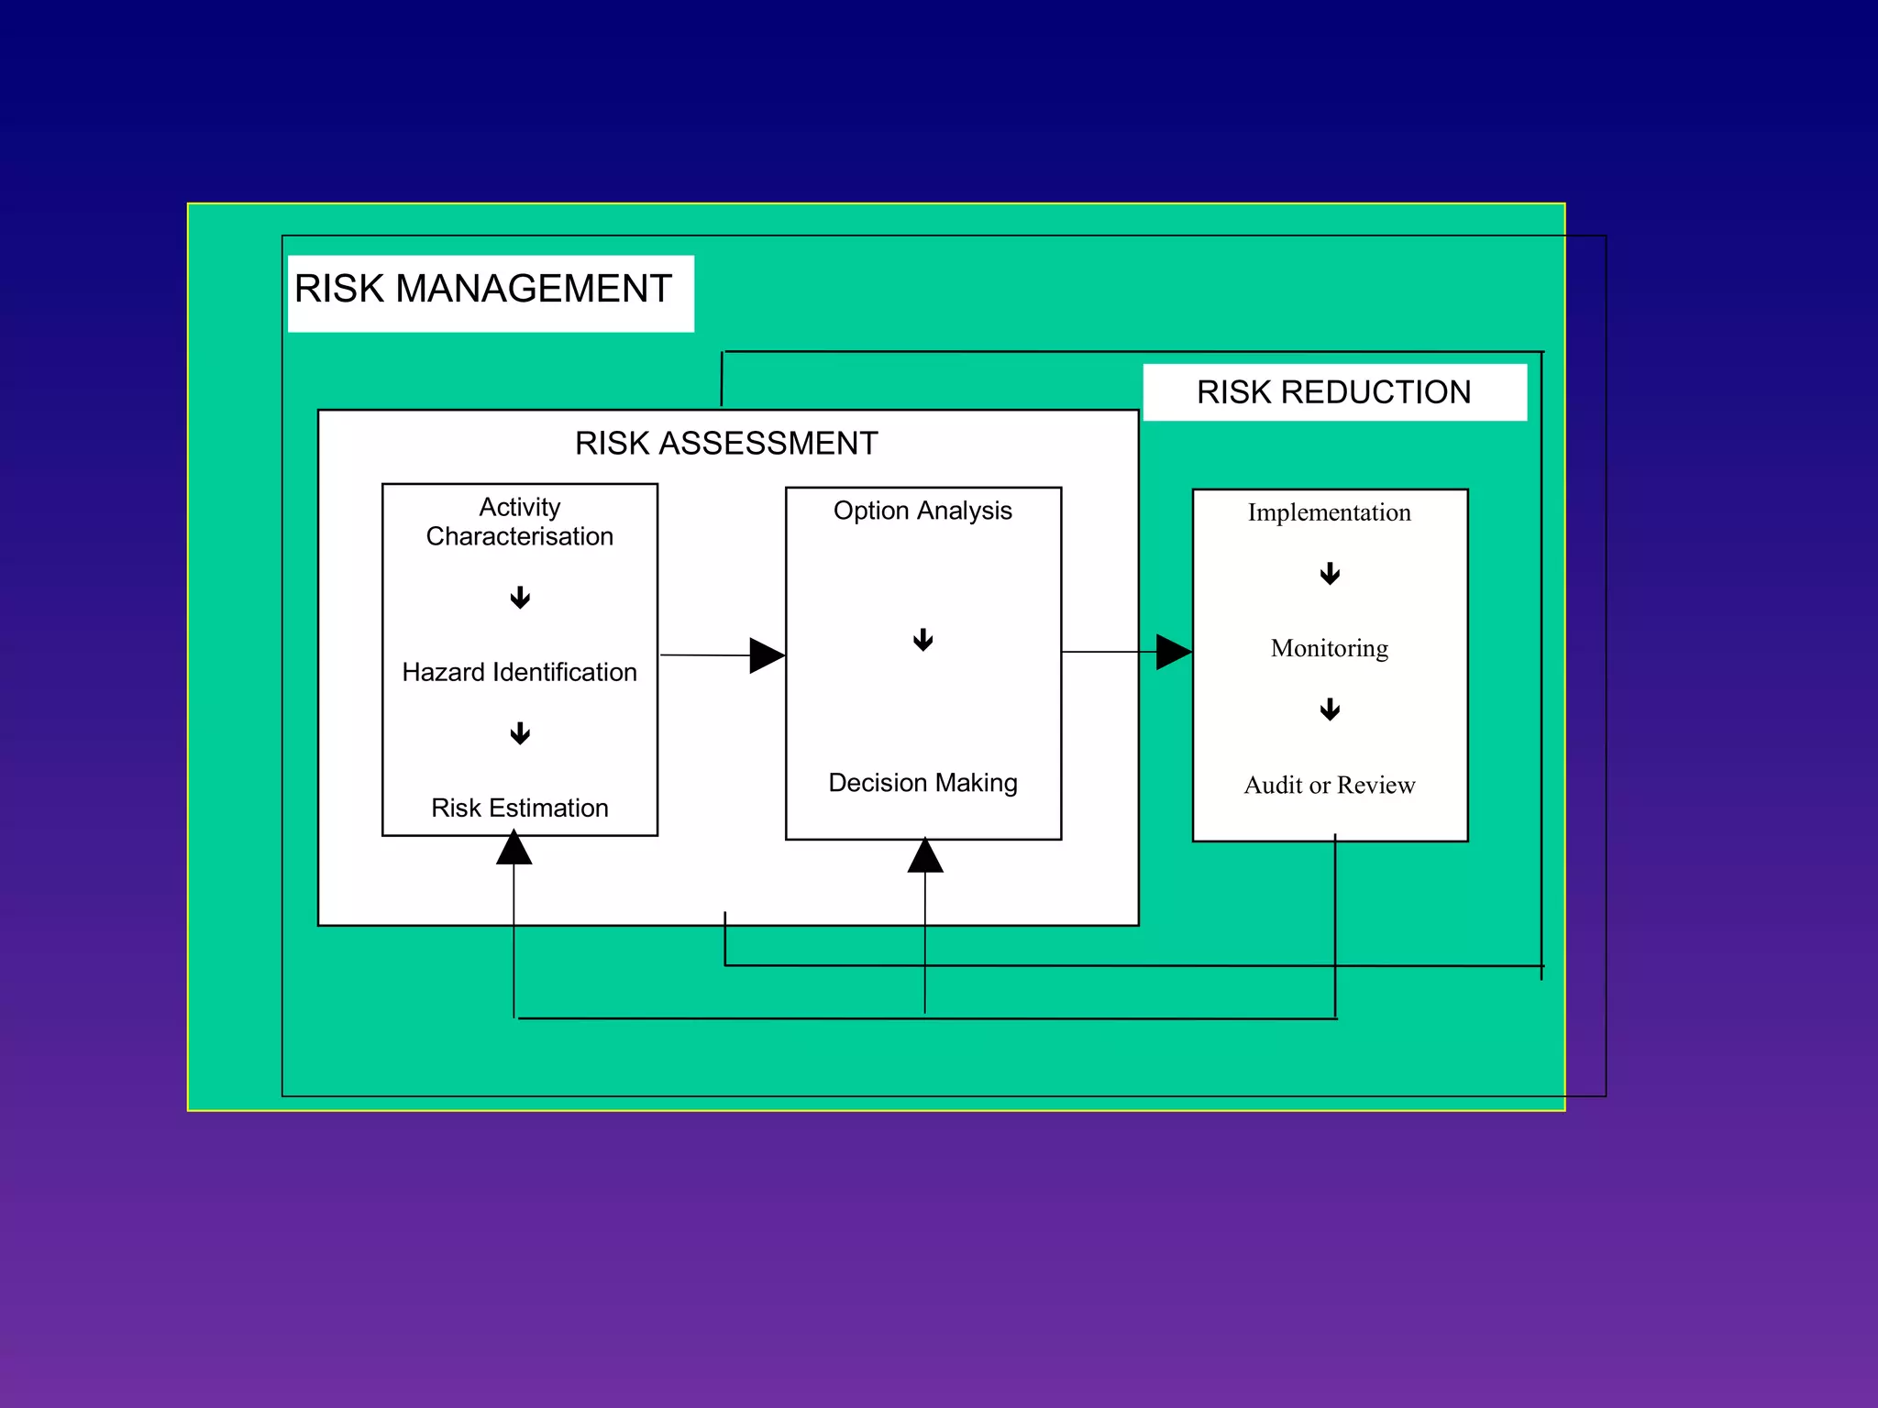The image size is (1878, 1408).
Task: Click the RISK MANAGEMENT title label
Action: (x=483, y=290)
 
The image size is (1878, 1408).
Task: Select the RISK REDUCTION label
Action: (x=1333, y=392)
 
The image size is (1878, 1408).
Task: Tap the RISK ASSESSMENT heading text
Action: (x=726, y=444)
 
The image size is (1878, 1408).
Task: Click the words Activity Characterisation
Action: (x=520, y=522)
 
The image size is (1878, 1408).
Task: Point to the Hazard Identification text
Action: (x=520, y=672)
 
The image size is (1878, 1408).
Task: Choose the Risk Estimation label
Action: (x=520, y=808)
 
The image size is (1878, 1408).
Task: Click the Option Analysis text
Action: (x=922, y=511)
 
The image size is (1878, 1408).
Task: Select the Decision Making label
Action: (x=922, y=783)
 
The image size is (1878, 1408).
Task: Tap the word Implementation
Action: (x=1329, y=512)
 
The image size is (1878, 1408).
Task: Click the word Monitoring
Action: (x=1329, y=648)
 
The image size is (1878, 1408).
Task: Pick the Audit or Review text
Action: (x=1329, y=785)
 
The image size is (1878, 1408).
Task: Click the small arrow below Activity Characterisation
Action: (x=520, y=598)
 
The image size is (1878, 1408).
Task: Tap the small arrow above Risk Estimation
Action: (x=520, y=733)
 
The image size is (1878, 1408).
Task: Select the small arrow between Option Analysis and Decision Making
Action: (x=923, y=640)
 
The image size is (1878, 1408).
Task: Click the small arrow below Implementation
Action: (x=1330, y=574)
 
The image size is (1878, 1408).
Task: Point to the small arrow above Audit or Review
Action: (x=1330, y=709)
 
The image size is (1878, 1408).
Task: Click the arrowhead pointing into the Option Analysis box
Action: (x=766, y=655)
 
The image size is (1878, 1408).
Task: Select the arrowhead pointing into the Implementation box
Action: (x=1173, y=652)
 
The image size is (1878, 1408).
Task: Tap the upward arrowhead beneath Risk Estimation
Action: (x=514, y=849)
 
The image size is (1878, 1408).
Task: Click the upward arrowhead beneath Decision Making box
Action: (x=925, y=856)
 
